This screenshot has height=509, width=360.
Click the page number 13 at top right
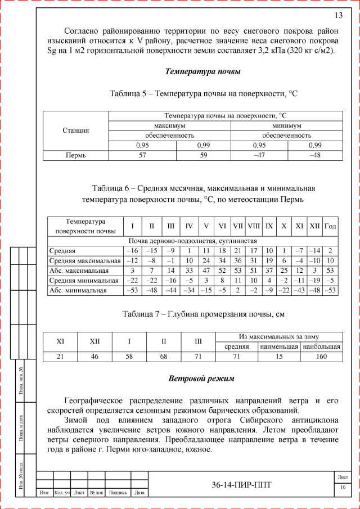[x=339, y=15]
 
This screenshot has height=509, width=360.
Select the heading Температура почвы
[x=203, y=71]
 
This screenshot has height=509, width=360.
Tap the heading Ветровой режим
[x=202, y=379]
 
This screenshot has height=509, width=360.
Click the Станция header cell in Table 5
[x=75, y=130]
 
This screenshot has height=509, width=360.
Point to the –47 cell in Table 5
[x=259, y=156]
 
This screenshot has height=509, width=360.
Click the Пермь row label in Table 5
[x=75, y=156]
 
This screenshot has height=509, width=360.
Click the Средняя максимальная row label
[x=84, y=261]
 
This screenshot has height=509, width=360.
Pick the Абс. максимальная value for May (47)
[x=206, y=271]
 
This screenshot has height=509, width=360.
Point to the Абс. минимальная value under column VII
[x=238, y=290]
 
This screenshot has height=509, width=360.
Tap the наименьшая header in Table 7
[x=279, y=347]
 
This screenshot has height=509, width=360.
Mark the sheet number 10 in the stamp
[x=342, y=487]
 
